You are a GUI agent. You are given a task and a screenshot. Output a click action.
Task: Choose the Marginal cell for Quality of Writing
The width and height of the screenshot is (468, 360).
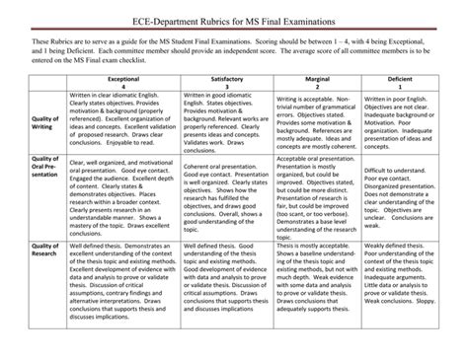[x=316, y=123]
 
